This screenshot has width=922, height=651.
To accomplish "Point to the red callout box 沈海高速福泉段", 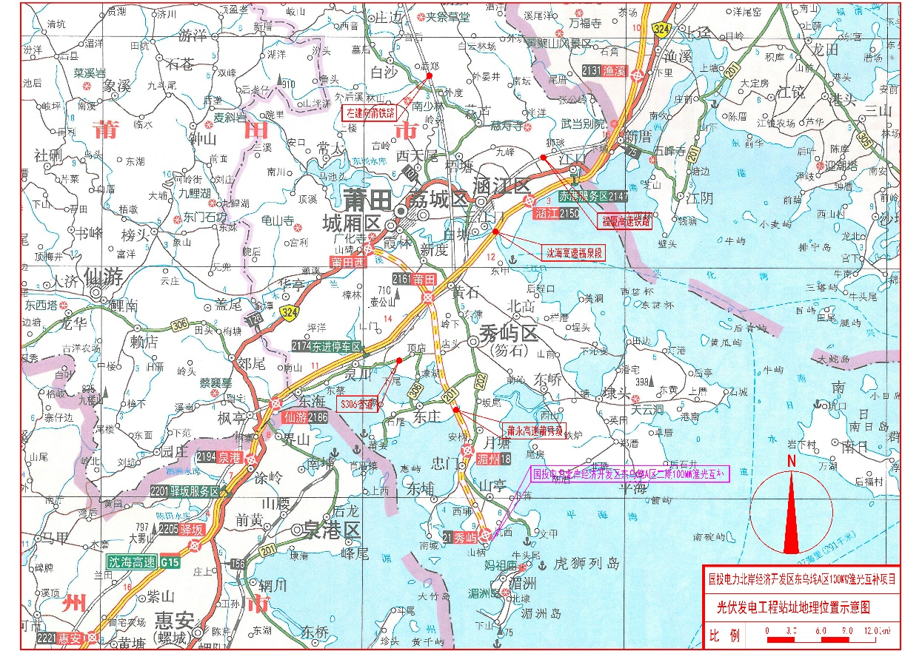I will tap(575, 252).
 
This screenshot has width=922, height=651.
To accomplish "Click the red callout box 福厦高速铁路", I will tap(625, 220).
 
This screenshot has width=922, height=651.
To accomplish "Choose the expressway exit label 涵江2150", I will tap(556, 212).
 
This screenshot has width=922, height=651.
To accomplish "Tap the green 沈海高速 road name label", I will tap(133, 561).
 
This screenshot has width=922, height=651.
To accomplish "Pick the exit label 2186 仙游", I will tap(304, 418).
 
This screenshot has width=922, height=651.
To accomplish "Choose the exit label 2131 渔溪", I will tap(604, 71).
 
